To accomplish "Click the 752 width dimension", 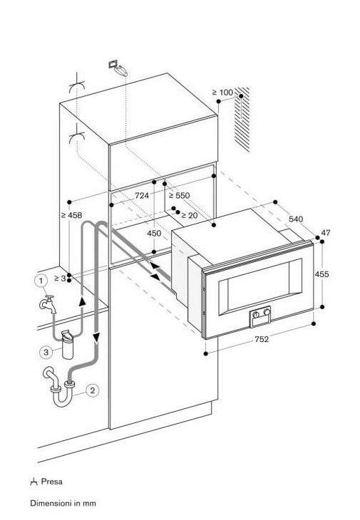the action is point(262,339).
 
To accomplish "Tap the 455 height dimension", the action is point(322,274).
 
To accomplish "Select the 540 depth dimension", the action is point(296,219).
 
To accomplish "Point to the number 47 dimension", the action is point(326,232).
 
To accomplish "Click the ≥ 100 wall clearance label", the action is point(222,92).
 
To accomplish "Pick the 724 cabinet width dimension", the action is point(142,195).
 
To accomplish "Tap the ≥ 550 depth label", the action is point(179,195).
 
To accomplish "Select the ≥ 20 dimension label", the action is point(190,216).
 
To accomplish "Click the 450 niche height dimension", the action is point(154,233).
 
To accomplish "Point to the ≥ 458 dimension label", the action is point(71,215).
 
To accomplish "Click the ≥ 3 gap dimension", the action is point(60,279).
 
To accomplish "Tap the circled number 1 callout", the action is point(41,281).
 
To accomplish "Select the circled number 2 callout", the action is point(93,390).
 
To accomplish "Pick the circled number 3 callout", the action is point(46,352).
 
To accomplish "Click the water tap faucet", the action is point(48,303).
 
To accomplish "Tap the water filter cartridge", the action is point(68,345).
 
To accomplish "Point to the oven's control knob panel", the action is point(260,316).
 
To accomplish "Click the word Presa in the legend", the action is point(52,482).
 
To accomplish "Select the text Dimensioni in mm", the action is point(63,503).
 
